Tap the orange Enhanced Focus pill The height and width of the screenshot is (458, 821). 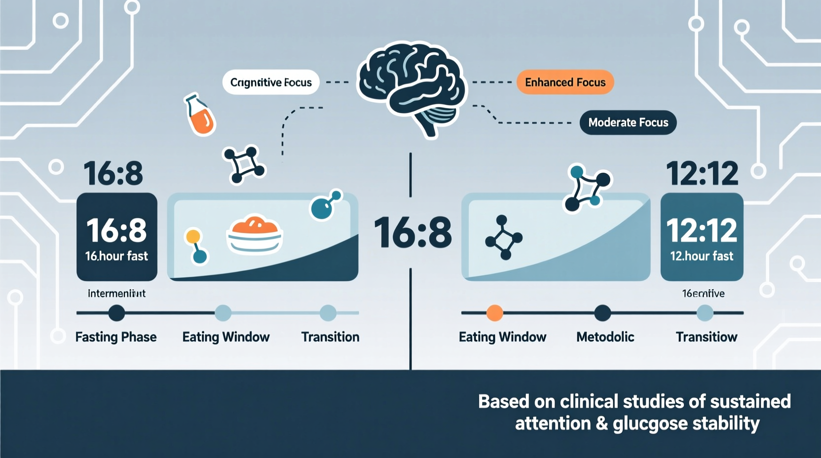tap(565, 82)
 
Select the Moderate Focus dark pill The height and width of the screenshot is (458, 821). tap(628, 122)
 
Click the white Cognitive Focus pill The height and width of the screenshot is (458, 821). tap(271, 82)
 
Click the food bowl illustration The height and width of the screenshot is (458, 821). tap(255, 234)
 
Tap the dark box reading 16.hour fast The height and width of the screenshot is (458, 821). tap(117, 237)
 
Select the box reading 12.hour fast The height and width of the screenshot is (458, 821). tap(702, 237)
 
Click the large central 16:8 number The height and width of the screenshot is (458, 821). tap(412, 232)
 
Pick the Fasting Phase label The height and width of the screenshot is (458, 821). tap(116, 337)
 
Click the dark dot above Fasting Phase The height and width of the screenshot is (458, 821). tap(116, 313)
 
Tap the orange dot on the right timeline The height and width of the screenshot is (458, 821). tap(494, 313)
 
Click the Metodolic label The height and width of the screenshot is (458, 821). tap(605, 337)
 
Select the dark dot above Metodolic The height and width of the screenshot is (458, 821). tap(602, 313)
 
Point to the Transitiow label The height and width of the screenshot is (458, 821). tap(707, 337)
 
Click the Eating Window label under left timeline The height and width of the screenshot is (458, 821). tap(226, 337)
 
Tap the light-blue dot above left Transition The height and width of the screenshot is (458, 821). tap(328, 313)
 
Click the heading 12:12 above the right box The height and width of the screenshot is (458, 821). tap(702, 173)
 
